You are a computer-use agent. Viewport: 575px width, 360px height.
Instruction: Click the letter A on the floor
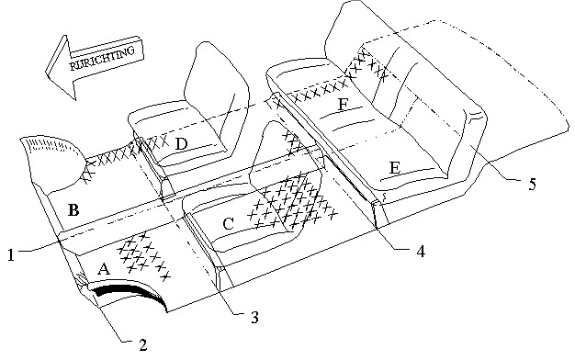[x=104, y=269]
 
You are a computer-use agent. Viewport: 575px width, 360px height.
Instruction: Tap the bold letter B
[x=73, y=210]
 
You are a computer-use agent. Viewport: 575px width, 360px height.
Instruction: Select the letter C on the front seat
[x=228, y=224]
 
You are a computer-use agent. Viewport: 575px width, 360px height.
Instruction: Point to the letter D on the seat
[x=181, y=144]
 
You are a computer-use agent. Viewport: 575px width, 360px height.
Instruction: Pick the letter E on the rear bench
[x=394, y=168]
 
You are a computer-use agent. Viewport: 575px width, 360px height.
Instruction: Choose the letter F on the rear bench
[x=343, y=105]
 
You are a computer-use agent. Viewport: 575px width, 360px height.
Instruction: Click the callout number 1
[x=11, y=254]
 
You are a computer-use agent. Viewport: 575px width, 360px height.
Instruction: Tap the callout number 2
[x=142, y=345]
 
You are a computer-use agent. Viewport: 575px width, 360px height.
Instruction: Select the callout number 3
[x=254, y=317]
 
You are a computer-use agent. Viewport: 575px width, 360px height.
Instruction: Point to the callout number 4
[x=421, y=252]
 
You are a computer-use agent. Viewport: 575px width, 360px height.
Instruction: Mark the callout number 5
[x=533, y=184]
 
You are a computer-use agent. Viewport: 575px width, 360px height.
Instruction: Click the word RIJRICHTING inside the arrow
[x=102, y=58]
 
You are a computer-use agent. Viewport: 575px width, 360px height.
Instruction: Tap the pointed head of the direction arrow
[x=47, y=71]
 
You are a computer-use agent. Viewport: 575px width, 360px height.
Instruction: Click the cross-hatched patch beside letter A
[x=143, y=256]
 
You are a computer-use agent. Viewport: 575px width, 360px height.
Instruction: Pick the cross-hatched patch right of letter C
[x=293, y=200]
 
